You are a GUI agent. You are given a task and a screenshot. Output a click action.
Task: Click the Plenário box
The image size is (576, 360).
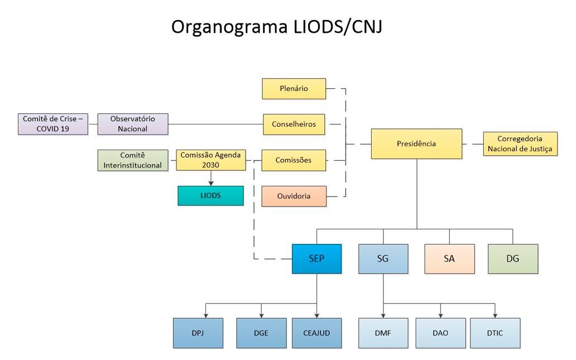click(x=294, y=89)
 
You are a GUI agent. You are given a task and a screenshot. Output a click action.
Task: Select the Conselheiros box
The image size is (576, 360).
click(x=294, y=124)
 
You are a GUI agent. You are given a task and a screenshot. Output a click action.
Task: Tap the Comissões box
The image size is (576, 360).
click(x=294, y=160)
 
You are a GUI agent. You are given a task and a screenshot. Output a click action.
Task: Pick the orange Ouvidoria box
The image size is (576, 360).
click(x=294, y=196)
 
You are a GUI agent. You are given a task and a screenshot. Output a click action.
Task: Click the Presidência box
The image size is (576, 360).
click(x=416, y=143)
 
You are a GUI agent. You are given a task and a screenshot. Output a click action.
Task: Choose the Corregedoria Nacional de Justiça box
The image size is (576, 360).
click(x=520, y=143)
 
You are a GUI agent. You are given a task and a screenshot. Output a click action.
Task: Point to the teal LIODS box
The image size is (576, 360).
click(x=210, y=195)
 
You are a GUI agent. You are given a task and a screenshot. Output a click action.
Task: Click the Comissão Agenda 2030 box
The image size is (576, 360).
click(x=211, y=160)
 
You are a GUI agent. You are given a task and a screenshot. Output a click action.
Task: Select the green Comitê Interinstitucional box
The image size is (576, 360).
click(x=133, y=160)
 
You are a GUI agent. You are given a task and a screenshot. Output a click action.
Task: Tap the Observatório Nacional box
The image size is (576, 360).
click(x=133, y=124)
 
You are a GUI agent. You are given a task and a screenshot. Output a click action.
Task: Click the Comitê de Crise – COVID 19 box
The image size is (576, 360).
click(x=53, y=124)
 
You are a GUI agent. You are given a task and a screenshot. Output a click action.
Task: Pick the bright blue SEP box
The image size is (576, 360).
click(x=316, y=258)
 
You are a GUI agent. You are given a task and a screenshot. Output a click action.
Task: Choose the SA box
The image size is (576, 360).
click(x=449, y=258)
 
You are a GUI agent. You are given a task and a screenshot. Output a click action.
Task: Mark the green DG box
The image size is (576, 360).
click(x=513, y=258)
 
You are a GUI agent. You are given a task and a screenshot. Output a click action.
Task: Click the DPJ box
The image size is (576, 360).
click(x=198, y=333)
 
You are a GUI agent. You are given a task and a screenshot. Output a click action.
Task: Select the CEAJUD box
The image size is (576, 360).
click(x=316, y=333)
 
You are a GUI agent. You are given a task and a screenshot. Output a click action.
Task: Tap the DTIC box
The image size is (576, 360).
click(x=495, y=333)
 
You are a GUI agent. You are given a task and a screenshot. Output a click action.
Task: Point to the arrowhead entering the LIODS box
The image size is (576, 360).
click(x=211, y=183)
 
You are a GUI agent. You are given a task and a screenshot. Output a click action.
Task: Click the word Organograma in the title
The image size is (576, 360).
click(x=229, y=27)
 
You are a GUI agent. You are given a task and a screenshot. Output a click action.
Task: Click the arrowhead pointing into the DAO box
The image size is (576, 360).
click(x=441, y=315)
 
